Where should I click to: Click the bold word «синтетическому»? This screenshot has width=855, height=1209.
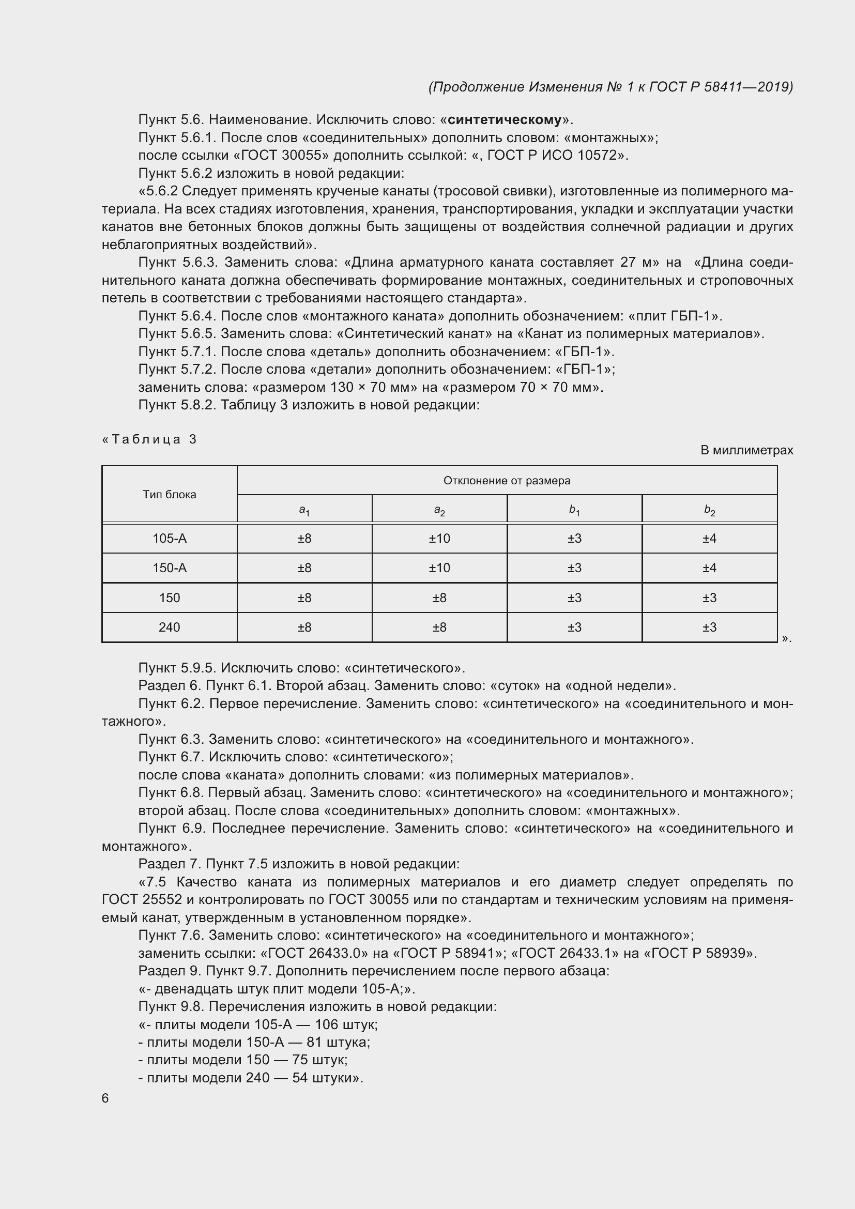click(x=505, y=119)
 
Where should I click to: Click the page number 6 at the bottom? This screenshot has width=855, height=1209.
click(x=105, y=1098)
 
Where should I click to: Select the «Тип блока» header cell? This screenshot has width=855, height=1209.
click(x=169, y=495)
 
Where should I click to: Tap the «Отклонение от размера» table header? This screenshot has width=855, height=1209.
click(x=507, y=480)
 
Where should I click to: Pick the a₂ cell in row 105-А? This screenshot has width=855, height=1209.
click(x=439, y=538)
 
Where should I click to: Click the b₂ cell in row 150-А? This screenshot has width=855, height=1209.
click(x=709, y=568)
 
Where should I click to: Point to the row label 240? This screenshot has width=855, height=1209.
click(x=169, y=627)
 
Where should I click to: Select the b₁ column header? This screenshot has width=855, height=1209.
click(x=574, y=509)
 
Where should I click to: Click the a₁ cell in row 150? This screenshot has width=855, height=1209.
click(x=304, y=598)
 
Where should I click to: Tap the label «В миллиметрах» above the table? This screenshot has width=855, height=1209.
click(x=746, y=450)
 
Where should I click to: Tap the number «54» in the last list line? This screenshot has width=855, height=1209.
click(x=300, y=1077)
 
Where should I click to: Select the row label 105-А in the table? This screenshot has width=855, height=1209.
click(x=169, y=538)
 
